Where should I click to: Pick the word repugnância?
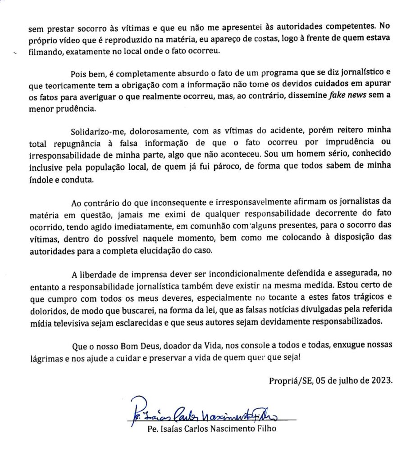pyautogui.click(x=77, y=143)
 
